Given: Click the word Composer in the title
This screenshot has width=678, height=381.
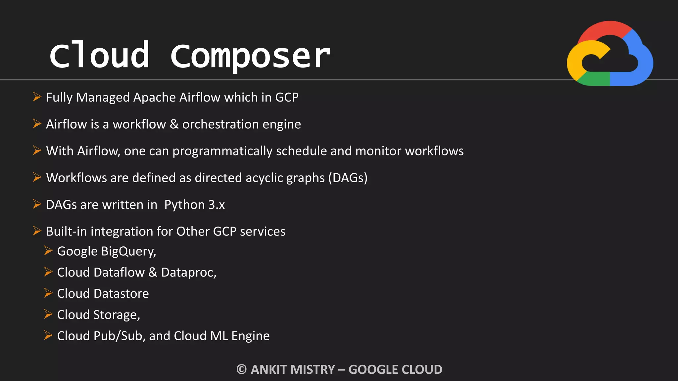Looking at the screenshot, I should tap(250, 56).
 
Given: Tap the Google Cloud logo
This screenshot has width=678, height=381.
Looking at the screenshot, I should tap(610, 54).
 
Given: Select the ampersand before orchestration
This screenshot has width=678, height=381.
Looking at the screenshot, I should tap(174, 124).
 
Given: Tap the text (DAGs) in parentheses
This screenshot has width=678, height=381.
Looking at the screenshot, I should tap(348, 178).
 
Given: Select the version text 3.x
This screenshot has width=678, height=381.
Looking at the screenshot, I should tap(217, 205).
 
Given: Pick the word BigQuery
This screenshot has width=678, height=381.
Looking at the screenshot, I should tap(128, 252).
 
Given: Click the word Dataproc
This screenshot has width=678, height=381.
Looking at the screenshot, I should tap(188, 273).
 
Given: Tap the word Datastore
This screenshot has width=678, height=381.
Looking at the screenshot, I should tap(121, 294).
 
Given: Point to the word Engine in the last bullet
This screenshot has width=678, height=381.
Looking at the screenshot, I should tap(250, 336).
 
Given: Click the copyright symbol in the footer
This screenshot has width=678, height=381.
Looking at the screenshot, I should tap(242, 369).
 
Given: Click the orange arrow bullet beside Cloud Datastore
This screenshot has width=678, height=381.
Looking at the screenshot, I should tap(48, 293).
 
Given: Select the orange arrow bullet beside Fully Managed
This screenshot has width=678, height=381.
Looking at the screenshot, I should tap(37, 97).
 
